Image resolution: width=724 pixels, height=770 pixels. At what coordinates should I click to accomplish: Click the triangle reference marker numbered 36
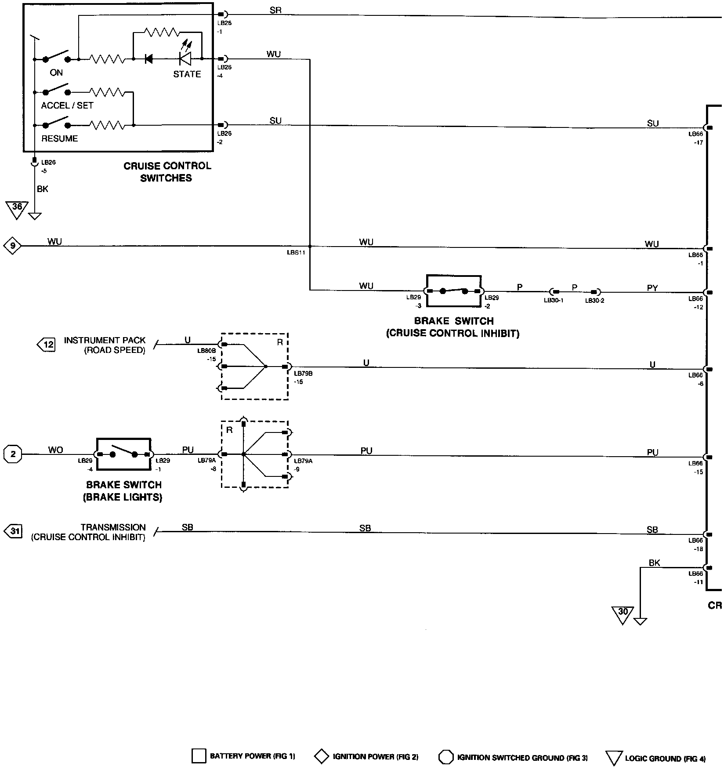(x=17, y=208)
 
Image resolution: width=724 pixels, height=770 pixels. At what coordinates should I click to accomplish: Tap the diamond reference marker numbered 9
(x=13, y=246)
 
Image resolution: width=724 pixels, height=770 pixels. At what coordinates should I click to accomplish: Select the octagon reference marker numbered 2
(x=13, y=454)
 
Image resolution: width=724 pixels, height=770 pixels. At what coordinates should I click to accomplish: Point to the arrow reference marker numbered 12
(x=47, y=345)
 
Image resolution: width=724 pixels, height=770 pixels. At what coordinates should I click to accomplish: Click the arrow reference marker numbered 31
(x=13, y=531)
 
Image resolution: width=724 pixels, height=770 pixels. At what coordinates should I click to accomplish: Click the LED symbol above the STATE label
(x=185, y=58)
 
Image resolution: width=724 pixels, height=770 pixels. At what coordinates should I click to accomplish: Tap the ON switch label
(x=56, y=73)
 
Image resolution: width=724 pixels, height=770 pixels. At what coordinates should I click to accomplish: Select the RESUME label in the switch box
(x=59, y=138)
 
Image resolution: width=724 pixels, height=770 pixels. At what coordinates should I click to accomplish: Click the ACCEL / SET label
(x=67, y=105)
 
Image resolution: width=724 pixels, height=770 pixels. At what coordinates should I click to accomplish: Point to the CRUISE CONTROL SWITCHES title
(x=167, y=172)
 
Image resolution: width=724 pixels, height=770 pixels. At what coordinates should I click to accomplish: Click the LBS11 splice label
(x=296, y=253)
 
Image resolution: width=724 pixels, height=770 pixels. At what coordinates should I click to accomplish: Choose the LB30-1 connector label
(x=553, y=301)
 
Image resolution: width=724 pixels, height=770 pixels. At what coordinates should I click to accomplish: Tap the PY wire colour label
(x=652, y=288)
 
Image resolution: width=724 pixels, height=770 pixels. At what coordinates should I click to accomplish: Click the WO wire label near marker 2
(x=56, y=450)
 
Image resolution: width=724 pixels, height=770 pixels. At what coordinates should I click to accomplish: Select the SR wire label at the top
(x=275, y=10)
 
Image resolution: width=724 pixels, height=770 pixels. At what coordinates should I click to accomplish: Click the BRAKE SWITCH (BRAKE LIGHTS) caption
(x=124, y=491)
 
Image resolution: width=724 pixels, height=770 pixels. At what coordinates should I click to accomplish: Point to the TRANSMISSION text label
(x=113, y=527)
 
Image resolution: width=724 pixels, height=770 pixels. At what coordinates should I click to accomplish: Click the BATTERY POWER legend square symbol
(x=199, y=756)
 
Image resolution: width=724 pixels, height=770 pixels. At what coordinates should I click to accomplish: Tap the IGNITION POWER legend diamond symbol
(x=322, y=756)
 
